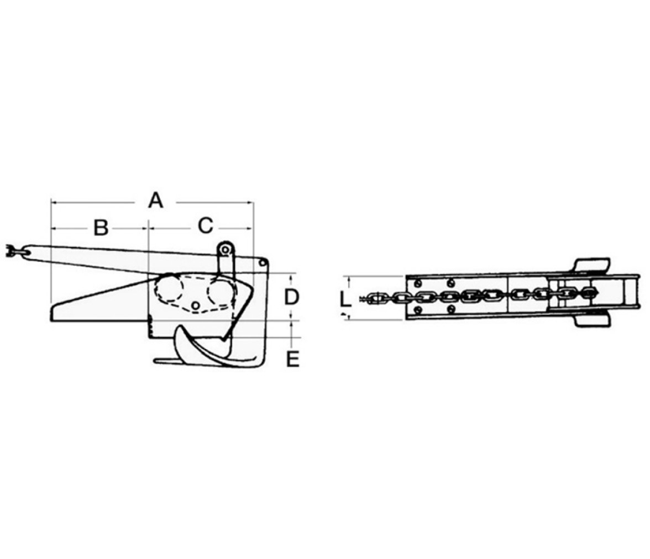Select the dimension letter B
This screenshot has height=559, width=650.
(101, 228)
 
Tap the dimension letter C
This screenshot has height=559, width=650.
(205, 226)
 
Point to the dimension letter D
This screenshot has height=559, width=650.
(291, 297)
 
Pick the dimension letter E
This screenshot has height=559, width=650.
(293, 359)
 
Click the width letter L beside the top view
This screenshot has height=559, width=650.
(345, 299)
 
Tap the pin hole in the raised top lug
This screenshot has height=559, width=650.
(225, 250)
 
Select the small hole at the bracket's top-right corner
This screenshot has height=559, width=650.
(262, 263)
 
